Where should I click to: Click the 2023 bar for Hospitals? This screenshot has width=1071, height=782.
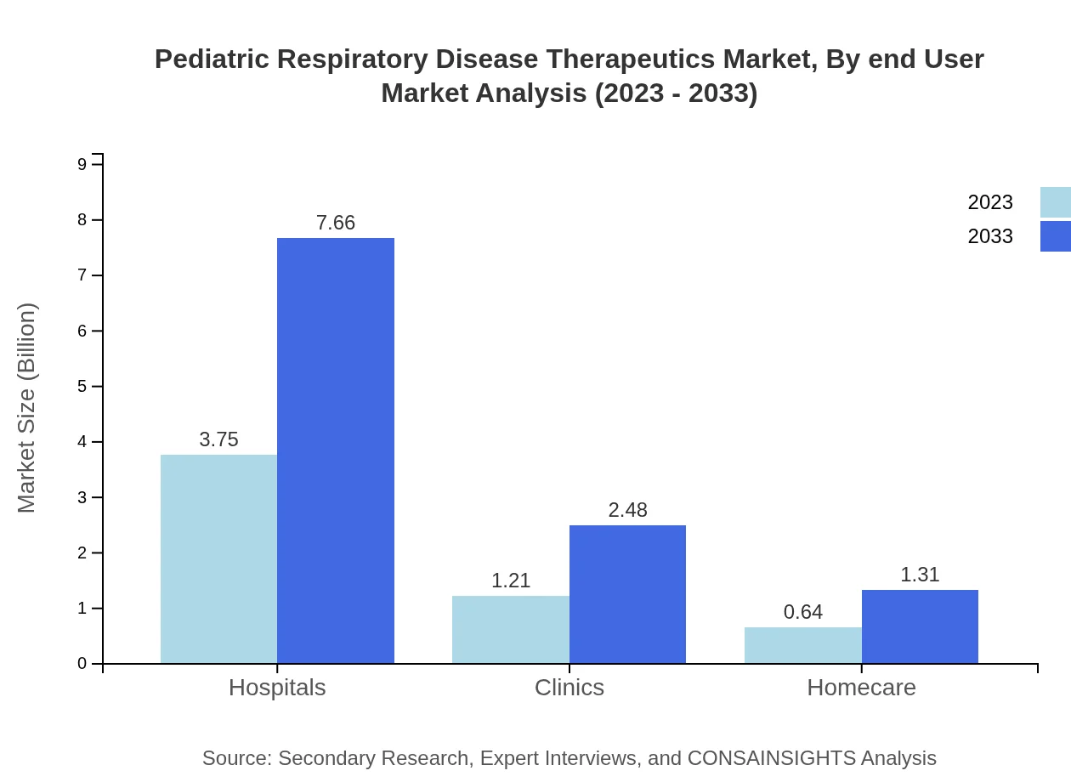click(218, 558)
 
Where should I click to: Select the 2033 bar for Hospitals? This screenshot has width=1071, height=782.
click(336, 450)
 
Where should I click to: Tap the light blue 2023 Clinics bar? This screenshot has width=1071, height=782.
click(510, 629)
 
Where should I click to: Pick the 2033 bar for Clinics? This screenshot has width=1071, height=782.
click(627, 594)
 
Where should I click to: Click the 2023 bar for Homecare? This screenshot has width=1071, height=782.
click(802, 645)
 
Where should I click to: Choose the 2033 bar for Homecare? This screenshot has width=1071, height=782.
click(920, 626)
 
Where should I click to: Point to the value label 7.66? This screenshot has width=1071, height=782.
click(336, 223)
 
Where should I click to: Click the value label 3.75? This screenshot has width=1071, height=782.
click(218, 439)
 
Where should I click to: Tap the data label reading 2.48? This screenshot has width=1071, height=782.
click(627, 510)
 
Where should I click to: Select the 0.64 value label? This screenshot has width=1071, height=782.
click(802, 612)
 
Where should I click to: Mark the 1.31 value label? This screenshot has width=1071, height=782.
click(920, 575)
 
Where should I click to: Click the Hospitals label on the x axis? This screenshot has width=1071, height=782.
click(277, 688)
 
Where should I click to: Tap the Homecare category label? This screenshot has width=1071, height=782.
click(861, 688)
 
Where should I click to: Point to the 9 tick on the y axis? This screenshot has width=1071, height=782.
click(82, 164)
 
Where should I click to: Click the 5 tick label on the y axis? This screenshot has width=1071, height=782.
click(82, 387)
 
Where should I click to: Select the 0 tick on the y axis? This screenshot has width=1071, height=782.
click(82, 664)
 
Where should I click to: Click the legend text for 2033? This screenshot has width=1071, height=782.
click(990, 236)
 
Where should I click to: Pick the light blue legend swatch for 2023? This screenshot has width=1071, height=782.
click(1055, 202)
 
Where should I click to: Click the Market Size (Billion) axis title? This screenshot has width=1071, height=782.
click(26, 408)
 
